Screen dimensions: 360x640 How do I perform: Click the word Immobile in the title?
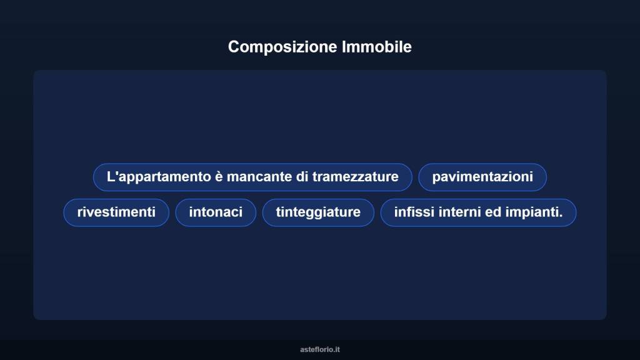pyautogui.click(x=377, y=47)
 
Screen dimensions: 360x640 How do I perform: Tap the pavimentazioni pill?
pyautogui.click(x=482, y=177)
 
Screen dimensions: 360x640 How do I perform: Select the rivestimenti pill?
pyautogui.click(x=116, y=212)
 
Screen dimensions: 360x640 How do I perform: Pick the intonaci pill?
pyautogui.click(x=216, y=212)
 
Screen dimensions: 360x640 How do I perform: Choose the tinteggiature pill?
pyautogui.click(x=318, y=212)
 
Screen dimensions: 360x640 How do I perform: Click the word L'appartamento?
pyautogui.click(x=159, y=177)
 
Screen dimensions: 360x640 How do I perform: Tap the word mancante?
pyautogui.click(x=259, y=177)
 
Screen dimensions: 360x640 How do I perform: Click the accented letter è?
pyautogui.click(x=219, y=177)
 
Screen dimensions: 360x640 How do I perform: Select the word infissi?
pyautogui.click(x=414, y=212)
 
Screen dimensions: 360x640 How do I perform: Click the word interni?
pyautogui.click(x=460, y=212)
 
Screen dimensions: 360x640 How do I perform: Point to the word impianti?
pyautogui.click(x=532, y=212)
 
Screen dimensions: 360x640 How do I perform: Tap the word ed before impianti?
pyautogui.click(x=493, y=212)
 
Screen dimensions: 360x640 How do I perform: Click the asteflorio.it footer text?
pyautogui.click(x=320, y=349)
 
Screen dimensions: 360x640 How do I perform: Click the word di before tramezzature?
pyautogui.click(x=302, y=177)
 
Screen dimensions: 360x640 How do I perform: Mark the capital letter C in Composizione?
pyautogui.click(x=234, y=47)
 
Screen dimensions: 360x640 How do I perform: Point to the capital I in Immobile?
pyautogui.click(x=344, y=47)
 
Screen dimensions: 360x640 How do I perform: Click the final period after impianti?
pyautogui.click(x=561, y=216)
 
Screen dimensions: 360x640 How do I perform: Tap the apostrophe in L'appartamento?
pyautogui.click(x=116, y=172)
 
